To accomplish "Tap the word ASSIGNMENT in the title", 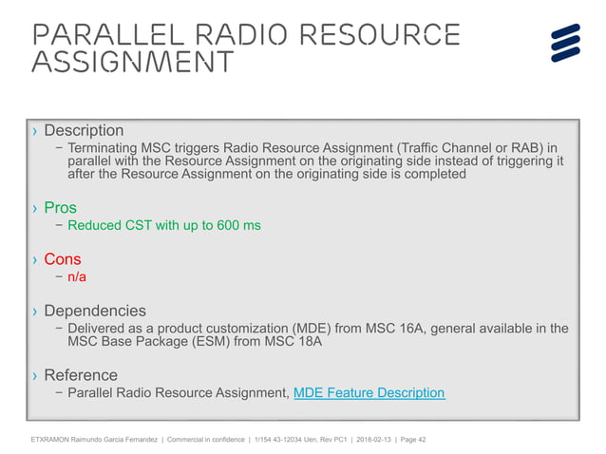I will coord(132,63).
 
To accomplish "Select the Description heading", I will coord(84,130).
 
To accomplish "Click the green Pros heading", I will coord(60,207).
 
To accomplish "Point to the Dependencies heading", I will coord(95,311).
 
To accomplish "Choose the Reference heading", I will coord(81,374).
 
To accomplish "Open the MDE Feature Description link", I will coord(369,392).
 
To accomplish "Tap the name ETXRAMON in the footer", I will coord(53,439).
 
